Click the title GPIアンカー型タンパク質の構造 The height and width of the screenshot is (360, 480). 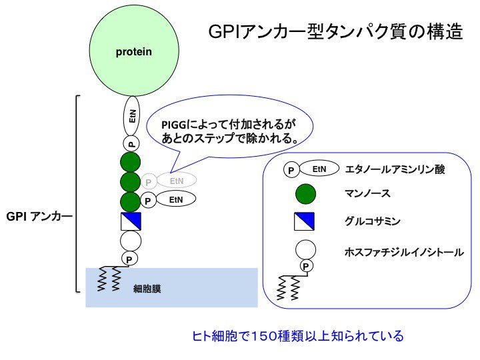click(335, 32)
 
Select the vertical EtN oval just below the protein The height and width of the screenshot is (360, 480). click(132, 117)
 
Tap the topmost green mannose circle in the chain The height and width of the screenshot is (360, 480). click(131, 161)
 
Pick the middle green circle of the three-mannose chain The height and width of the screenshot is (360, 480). click(131, 181)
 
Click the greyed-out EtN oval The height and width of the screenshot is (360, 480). click(177, 180)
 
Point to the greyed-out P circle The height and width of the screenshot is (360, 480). click(149, 182)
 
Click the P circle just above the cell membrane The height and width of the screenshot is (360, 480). click(131, 259)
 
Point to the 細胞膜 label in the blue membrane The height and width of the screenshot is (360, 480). click(147, 289)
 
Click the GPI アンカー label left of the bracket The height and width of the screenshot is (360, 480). click(39, 217)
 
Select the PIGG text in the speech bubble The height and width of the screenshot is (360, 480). click(176, 125)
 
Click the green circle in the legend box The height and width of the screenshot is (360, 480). click(305, 195)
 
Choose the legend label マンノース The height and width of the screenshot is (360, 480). click(367, 194)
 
